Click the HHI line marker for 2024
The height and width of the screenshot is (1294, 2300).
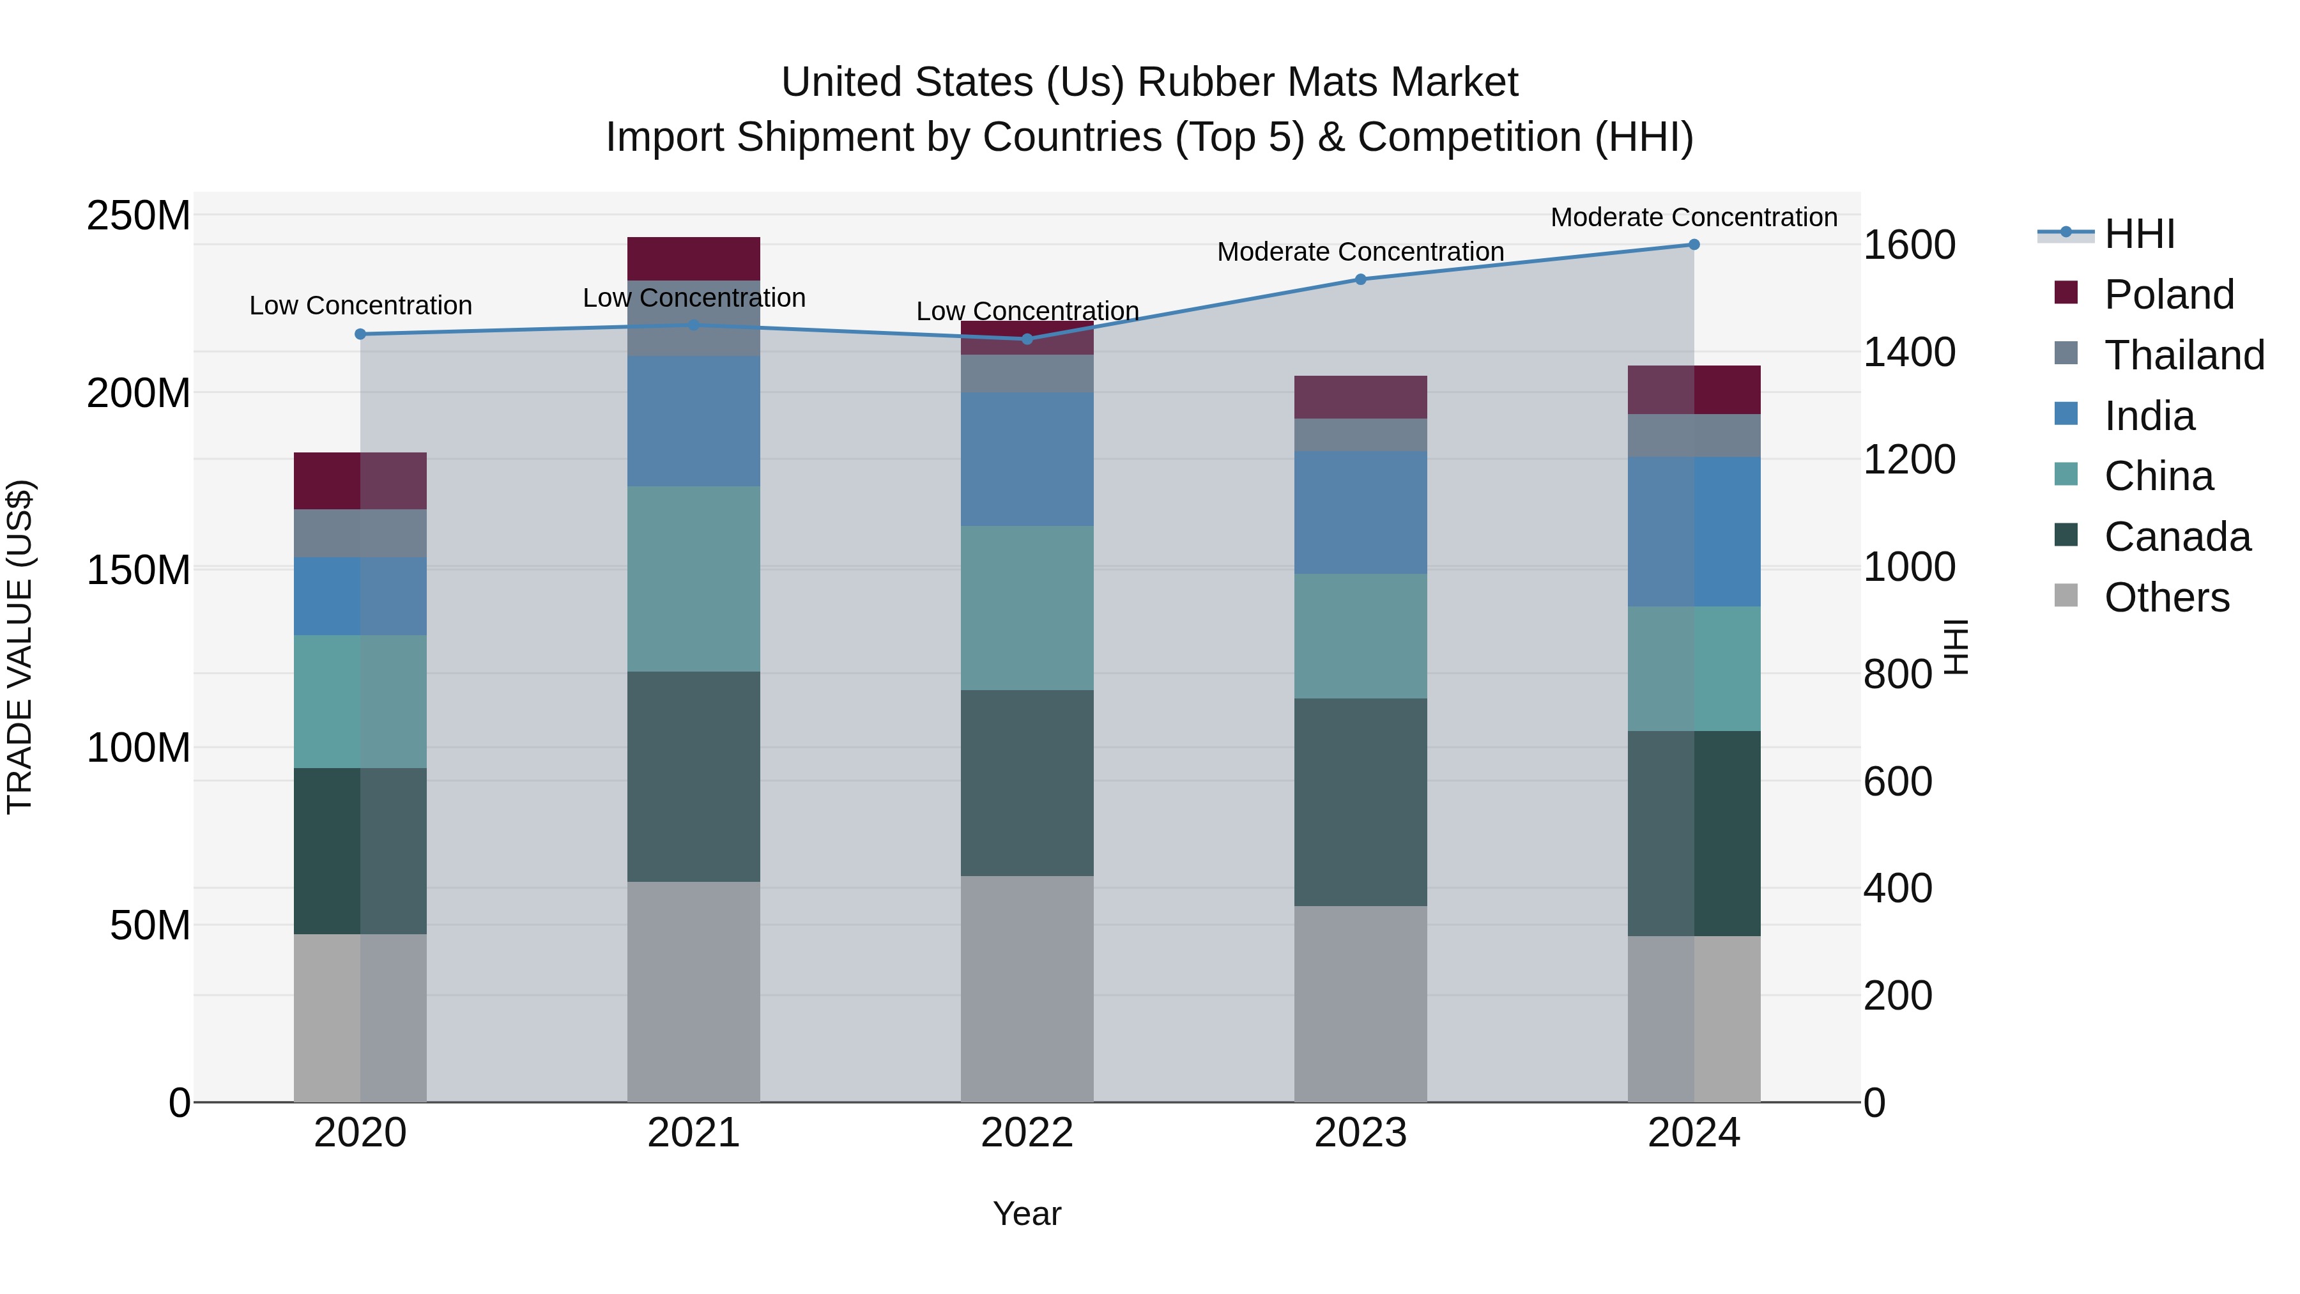point(1694,245)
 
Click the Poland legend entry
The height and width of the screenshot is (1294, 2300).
point(2168,295)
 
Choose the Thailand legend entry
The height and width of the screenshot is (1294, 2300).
point(2183,355)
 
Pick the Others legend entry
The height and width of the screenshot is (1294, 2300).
point(2165,597)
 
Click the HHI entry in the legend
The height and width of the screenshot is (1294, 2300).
point(2138,234)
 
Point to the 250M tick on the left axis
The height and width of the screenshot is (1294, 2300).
point(139,216)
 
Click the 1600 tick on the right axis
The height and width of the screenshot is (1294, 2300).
point(1909,245)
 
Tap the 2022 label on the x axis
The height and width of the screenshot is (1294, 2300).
point(1027,1133)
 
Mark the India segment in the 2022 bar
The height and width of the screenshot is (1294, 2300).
point(1027,459)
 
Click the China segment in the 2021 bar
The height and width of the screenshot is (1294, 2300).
point(694,579)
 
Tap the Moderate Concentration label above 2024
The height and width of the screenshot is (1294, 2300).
point(1694,217)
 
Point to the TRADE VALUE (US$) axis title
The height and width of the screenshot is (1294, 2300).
point(20,647)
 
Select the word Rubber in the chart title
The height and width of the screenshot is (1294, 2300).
point(1193,82)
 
